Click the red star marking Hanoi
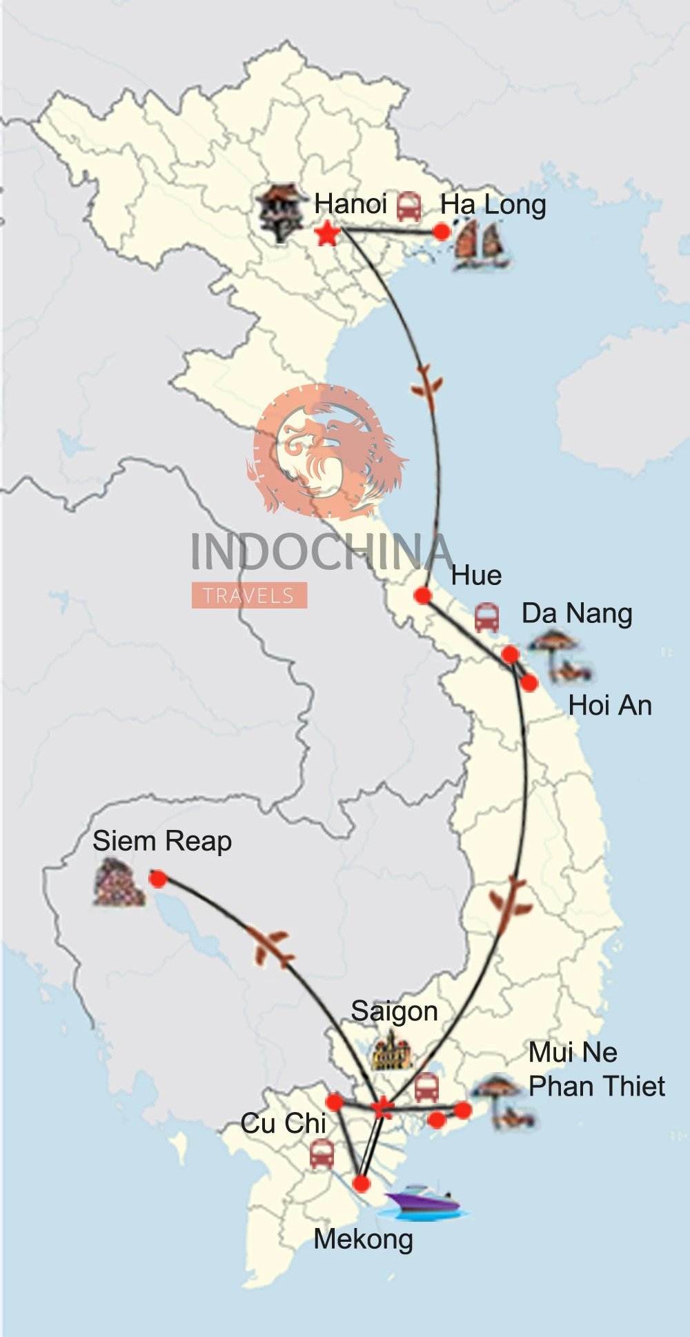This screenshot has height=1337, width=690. (327, 234)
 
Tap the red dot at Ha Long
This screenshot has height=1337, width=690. (442, 232)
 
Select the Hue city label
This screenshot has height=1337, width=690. (476, 575)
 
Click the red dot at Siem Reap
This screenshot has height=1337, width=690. (158, 879)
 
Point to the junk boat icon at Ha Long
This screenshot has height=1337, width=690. (481, 245)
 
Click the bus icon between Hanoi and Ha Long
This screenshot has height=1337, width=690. (408, 206)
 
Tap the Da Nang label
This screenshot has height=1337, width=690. (577, 613)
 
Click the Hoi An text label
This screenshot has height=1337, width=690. (610, 706)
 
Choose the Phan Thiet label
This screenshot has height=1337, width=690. (597, 1086)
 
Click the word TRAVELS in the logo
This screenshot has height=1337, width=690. (249, 595)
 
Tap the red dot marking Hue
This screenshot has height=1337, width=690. (423, 595)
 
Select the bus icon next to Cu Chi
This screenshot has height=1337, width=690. (322, 1153)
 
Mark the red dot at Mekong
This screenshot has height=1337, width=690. (362, 1184)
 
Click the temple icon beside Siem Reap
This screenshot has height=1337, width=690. (119, 882)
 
